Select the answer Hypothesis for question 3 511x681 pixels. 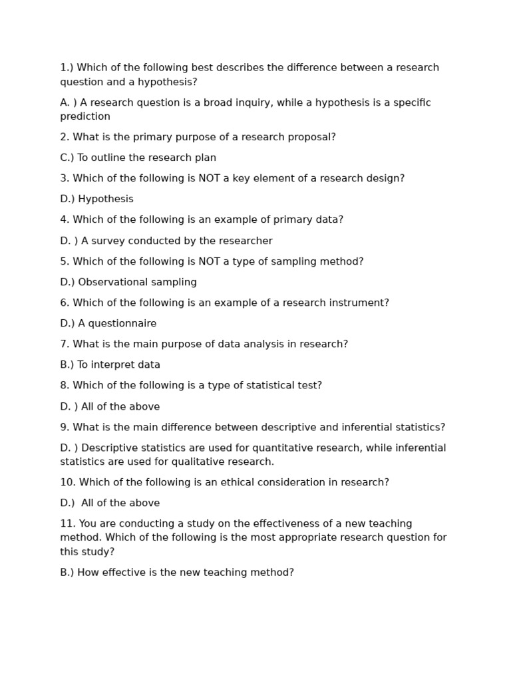click(x=106, y=199)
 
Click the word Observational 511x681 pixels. click(x=111, y=282)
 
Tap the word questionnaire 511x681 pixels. click(x=123, y=324)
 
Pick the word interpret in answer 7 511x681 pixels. click(x=113, y=365)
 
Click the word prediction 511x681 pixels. click(x=85, y=116)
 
